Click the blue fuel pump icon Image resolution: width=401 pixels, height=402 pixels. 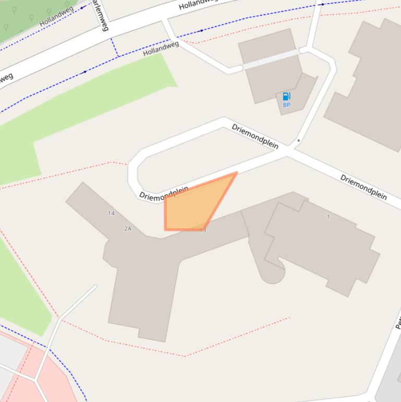tap(286, 96)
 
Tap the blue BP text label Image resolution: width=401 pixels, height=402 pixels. tap(286, 105)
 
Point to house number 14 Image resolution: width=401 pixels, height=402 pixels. tap(111, 213)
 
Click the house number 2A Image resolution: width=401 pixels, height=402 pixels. tap(128, 229)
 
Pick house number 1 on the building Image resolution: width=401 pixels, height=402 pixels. tap(328, 217)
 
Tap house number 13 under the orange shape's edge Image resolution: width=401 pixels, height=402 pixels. tap(203, 230)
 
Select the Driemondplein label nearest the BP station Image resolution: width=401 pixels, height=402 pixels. tap(255, 136)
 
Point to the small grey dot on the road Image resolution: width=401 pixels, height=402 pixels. tap(298, 140)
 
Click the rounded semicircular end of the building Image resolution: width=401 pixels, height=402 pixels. tap(272, 274)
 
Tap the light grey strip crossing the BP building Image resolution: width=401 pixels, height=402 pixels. tap(271, 59)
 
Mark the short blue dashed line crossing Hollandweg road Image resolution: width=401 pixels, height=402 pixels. tap(114, 47)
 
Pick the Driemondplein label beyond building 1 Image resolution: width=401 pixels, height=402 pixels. tap(363, 187)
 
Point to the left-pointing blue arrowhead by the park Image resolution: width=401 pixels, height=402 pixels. tap(82, 8)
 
